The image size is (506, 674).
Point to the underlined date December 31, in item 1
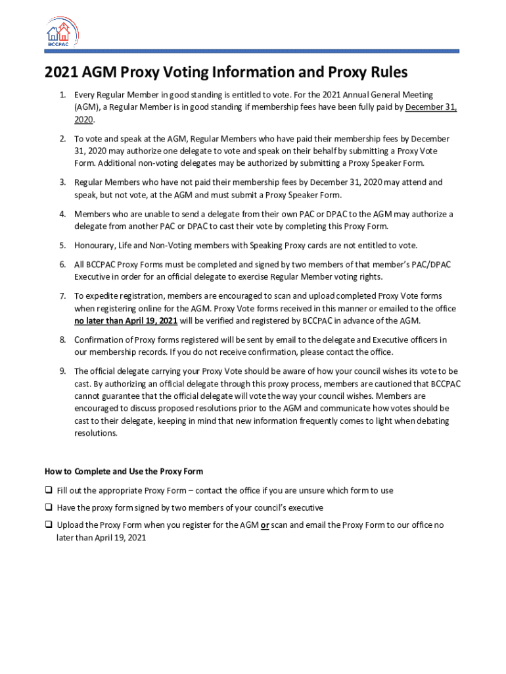coord(430,107)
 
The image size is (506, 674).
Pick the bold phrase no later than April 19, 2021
coord(126,321)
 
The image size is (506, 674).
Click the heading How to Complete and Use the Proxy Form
coord(124,471)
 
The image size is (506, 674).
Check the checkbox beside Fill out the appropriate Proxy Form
coord(49,490)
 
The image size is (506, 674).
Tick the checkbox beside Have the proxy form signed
coord(49,507)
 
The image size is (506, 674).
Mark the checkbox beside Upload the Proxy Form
coord(49,525)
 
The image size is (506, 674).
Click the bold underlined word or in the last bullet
coord(265,525)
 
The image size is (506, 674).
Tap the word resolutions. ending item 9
coord(96,433)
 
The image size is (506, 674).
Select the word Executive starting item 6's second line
coord(93,276)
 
